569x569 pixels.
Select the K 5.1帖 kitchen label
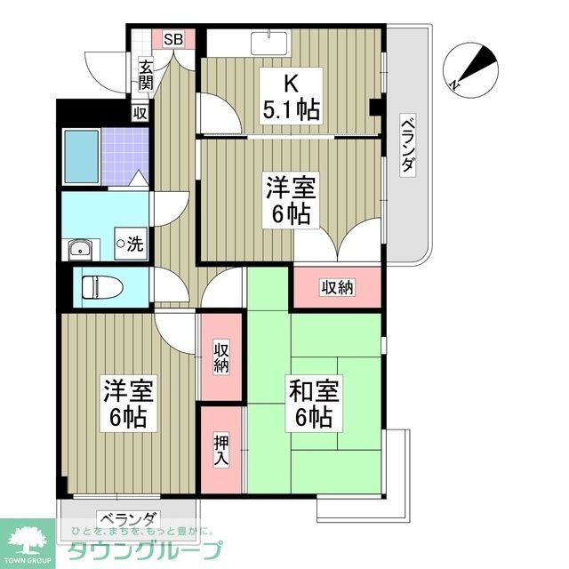pyautogui.click(x=290, y=99)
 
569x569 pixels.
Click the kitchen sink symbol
pyautogui.click(x=270, y=43)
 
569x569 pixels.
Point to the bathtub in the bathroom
pyautogui.click(x=80, y=155)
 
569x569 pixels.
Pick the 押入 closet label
pyautogui.click(x=220, y=450)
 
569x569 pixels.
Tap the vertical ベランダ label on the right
pyautogui.click(x=407, y=146)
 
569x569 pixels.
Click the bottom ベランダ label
pyautogui.click(x=128, y=519)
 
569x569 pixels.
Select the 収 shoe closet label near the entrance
pyautogui.click(x=140, y=113)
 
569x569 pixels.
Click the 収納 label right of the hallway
pyautogui.click(x=338, y=287)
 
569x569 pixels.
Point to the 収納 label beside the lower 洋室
pyautogui.click(x=220, y=357)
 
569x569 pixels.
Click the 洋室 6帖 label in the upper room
pyautogui.click(x=290, y=201)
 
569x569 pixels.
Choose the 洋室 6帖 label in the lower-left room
pyautogui.click(x=128, y=404)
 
